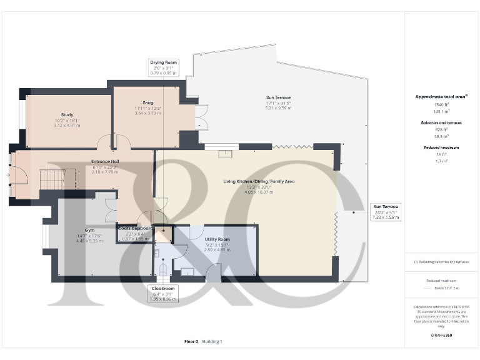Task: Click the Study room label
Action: pyautogui.click(x=67, y=115)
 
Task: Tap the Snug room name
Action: pyautogui.click(x=147, y=102)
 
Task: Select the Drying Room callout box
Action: pyautogui.click(x=163, y=67)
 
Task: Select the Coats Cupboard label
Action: pyautogui.click(x=135, y=229)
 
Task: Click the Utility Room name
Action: pyautogui.click(x=217, y=239)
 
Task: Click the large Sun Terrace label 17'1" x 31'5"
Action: pyautogui.click(x=278, y=97)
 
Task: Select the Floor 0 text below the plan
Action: pyautogui.click(x=191, y=342)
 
